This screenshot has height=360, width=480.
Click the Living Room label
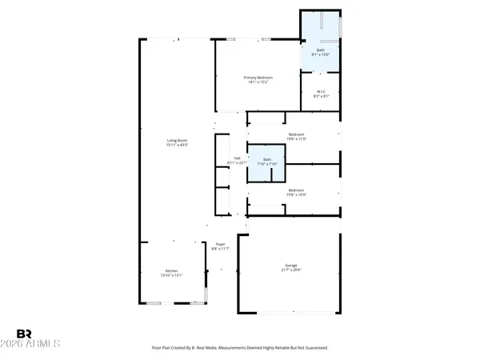point(176,141)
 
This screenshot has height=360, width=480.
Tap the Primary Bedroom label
point(259,77)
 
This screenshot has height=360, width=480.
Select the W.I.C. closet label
point(320,93)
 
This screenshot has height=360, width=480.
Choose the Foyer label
point(220,244)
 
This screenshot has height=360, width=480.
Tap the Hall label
point(237,158)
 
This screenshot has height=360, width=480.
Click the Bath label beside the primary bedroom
point(321,50)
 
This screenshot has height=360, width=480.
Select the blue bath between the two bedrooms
point(267,162)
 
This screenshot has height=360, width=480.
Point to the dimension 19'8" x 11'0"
point(297,139)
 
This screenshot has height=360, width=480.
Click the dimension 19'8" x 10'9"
point(295,194)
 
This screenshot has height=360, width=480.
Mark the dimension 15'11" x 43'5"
point(176,146)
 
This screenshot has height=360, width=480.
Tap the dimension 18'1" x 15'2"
point(259,82)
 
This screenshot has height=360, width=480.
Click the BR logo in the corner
point(24,334)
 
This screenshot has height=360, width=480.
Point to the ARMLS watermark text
point(38,344)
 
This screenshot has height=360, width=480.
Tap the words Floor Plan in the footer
point(162,348)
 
